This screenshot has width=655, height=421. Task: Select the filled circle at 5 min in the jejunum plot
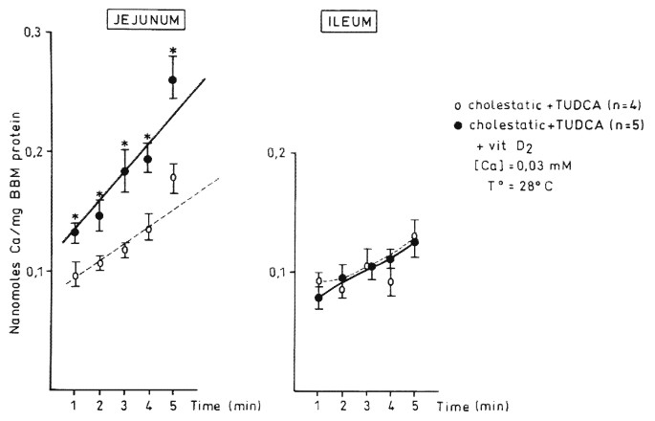click(x=172, y=79)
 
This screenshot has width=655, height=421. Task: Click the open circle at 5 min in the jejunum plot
click(x=173, y=178)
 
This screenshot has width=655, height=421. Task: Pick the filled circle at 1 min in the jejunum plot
click(x=75, y=232)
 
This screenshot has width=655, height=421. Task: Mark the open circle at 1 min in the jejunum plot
click(x=75, y=277)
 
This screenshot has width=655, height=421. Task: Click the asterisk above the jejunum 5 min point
click(x=172, y=52)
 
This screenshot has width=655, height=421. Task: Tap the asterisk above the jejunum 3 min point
click(x=124, y=145)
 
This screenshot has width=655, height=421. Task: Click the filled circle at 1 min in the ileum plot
click(x=318, y=299)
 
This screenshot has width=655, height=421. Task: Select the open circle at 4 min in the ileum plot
click(x=390, y=282)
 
